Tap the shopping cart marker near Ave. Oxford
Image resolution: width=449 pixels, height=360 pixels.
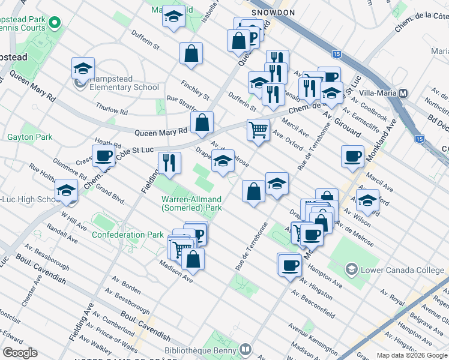(258, 129)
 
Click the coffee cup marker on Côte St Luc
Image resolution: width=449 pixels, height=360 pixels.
(103, 156)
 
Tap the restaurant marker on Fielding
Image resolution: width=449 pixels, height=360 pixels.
(169, 162)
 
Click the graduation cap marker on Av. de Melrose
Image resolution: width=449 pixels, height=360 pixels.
(223, 161)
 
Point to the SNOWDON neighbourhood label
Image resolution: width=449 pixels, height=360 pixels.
(273, 12)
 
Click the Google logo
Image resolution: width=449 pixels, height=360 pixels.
(20, 353)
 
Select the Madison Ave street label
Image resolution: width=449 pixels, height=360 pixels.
(176, 272)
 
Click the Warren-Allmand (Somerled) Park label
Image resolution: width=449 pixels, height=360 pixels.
(191, 203)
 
